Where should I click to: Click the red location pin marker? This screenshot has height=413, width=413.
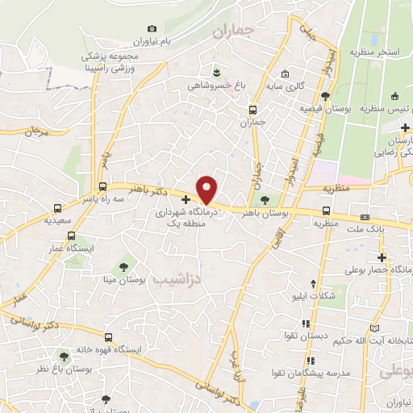tap(207, 190)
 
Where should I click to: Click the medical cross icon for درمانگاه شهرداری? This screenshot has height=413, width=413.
tap(186, 199)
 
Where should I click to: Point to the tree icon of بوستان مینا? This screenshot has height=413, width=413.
tap(123, 265)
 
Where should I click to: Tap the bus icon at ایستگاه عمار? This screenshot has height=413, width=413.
tap(72, 236)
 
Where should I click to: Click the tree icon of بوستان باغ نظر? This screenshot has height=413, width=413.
tap(63, 356)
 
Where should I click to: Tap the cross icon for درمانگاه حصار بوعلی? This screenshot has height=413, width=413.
tap(382, 258)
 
